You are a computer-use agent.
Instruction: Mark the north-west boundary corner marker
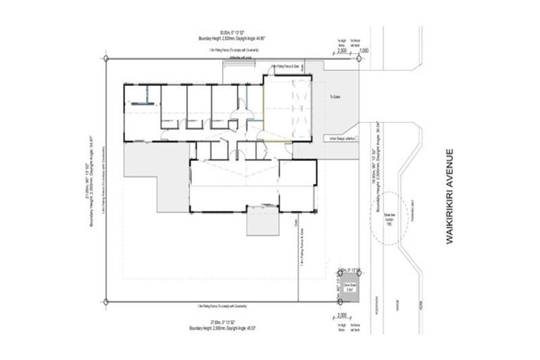(105, 61)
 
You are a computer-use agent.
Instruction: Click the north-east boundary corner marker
(359, 61)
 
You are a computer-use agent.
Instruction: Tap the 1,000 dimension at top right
(364, 51)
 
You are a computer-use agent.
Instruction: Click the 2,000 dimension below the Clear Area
(342, 314)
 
